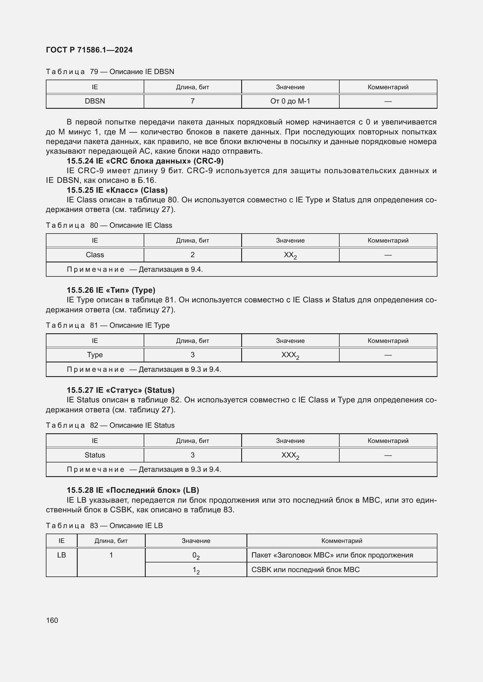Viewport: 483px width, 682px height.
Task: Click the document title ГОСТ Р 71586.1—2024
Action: click(89, 50)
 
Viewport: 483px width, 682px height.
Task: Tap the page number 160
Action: click(52, 620)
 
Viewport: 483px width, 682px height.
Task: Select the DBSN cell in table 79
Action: click(95, 101)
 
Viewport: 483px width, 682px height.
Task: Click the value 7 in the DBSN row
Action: click(192, 101)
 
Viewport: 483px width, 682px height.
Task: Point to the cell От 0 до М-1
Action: click(290, 101)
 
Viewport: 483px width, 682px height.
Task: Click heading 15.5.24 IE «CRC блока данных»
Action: click(145, 161)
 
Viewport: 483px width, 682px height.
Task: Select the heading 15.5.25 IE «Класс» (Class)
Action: click(117, 190)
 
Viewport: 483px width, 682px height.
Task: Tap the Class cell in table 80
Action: click(95, 255)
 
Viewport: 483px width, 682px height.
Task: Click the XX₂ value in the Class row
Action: click(290, 255)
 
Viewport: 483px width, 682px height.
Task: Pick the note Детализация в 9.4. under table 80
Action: click(135, 269)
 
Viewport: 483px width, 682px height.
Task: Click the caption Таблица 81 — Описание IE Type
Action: click(108, 325)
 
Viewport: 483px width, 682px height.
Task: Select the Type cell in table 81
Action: click(95, 355)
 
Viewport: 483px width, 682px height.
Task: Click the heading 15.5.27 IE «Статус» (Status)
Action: click(120, 390)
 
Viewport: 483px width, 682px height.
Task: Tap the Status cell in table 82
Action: click(95, 455)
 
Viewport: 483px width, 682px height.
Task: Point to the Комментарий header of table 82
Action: click(388, 441)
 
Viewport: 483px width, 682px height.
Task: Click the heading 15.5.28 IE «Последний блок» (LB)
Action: click(133, 490)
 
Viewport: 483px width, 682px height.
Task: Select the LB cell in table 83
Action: click(62, 555)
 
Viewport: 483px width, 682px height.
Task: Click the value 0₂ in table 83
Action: click(196, 555)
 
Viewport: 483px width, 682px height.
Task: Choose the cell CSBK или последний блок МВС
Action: click(305, 570)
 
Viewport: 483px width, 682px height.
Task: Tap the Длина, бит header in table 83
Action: click(111, 541)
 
